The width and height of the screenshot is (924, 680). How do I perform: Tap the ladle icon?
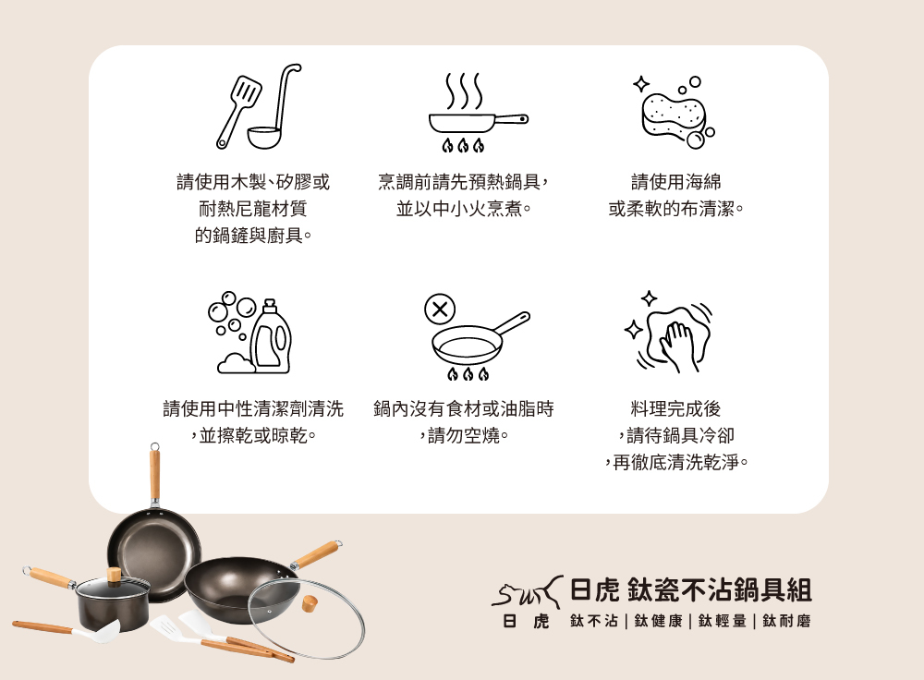[x=275, y=112]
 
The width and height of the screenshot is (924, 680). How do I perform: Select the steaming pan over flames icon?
[x=478, y=113]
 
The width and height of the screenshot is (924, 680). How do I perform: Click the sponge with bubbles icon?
[x=675, y=112]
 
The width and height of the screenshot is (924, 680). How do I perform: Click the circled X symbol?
[x=440, y=309]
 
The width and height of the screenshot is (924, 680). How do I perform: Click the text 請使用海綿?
[x=676, y=182]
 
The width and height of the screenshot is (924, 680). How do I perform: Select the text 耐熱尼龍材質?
[x=253, y=209]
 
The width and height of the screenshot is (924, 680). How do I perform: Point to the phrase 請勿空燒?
[x=464, y=435]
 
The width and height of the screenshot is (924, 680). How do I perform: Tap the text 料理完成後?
[x=676, y=408]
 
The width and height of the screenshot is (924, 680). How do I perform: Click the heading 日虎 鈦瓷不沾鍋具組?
[x=690, y=589]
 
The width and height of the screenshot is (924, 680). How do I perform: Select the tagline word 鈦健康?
[x=658, y=621]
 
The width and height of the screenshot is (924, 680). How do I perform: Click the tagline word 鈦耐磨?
[x=786, y=621]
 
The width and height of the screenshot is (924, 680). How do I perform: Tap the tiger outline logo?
[x=527, y=592]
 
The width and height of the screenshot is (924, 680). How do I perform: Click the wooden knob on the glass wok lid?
[x=310, y=603]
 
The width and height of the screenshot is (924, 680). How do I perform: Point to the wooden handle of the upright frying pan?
[x=154, y=474]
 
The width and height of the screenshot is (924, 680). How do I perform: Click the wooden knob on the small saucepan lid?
[x=114, y=575]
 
